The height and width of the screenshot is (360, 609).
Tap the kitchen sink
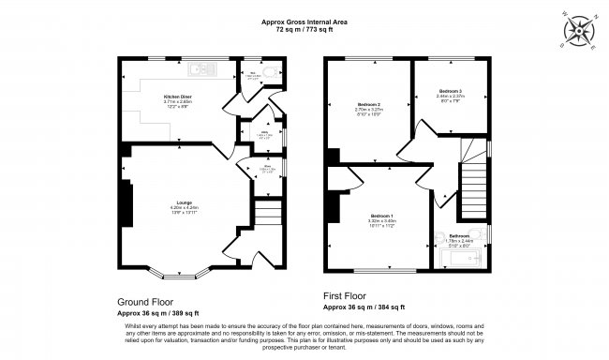pyautogui.click(x=202, y=67)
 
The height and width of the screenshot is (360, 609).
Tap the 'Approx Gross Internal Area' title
pyautogui.click(x=304, y=22)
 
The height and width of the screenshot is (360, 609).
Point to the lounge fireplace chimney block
pyautogui.click(x=123, y=200)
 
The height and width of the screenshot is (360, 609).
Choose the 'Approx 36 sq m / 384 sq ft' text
pyautogui.click(x=364, y=307)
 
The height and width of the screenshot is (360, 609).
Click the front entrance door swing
pyautogui.click(x=232, y=249)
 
